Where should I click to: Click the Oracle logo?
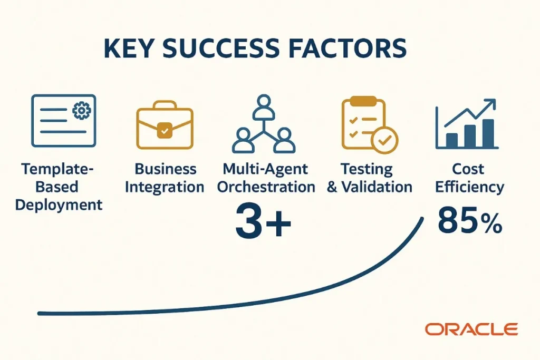pos(472,329)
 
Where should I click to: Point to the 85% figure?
pos(470,222)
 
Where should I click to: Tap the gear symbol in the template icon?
pos(82,110)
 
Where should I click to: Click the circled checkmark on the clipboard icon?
pos(384,140)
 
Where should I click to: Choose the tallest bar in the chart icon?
pos(488,133)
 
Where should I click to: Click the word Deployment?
pos(59,205)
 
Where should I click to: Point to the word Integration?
pos(165,187)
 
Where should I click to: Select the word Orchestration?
pos(268,187)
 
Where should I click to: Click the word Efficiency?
pos(469,187)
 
